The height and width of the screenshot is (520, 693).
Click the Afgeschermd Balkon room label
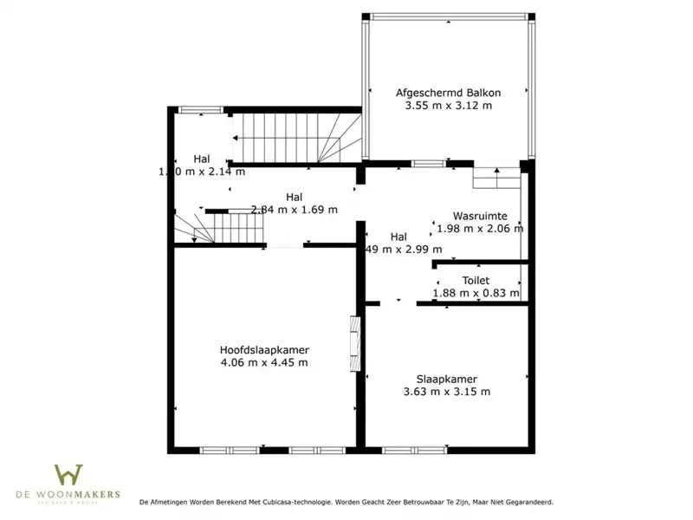tap(448, 92)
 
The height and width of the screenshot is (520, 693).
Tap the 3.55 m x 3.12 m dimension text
tap(448, 106)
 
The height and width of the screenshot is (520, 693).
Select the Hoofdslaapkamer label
tap(264, 349)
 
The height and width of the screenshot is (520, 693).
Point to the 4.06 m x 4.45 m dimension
tap(264, 363)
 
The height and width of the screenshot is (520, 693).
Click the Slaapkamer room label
tap(446, 378)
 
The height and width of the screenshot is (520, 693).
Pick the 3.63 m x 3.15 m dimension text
tap(446, 392)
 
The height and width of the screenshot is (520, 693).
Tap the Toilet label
tap(476, 280)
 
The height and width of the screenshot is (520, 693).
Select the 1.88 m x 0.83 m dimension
tap(476, 293)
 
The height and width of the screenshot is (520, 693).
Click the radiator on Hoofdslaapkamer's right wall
tap(353, 343)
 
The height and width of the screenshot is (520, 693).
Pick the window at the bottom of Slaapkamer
tap(402, 450)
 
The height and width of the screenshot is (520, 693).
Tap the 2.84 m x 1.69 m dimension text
tap(294, 209)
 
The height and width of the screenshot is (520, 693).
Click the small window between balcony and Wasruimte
tap(424, 163)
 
